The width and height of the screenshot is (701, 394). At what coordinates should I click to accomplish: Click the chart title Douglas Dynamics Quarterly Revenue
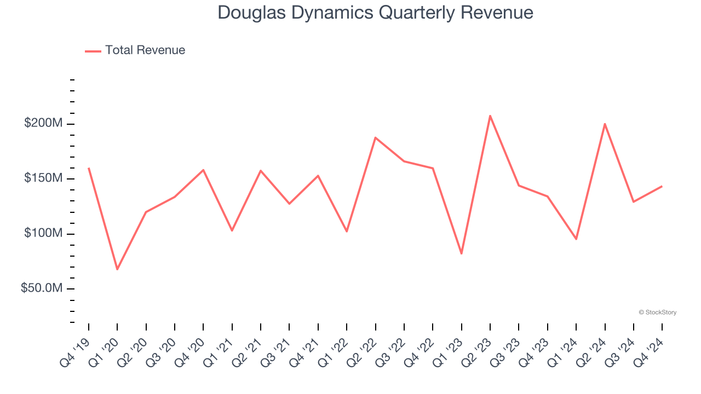tap(375, 12)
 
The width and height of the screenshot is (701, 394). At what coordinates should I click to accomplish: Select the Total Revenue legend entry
tap(135, 50)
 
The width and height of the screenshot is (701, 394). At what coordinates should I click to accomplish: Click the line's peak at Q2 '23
tap(490, 115)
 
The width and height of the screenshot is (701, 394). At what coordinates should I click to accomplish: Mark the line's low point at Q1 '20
tap(117, 269)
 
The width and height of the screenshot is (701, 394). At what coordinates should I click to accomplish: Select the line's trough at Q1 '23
tap(462, 253)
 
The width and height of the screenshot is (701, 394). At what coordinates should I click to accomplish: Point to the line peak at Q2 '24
tap(605, 124)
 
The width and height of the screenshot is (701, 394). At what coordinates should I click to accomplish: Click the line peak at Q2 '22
tap(376, 137)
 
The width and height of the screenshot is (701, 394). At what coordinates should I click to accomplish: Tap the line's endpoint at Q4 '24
tap(662, 187)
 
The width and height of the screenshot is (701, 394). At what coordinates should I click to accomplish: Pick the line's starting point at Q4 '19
tap(89, 169)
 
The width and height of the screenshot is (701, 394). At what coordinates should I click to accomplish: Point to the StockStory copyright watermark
tap(657, 312)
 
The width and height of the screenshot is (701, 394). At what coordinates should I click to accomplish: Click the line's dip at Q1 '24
tap(576, 239)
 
